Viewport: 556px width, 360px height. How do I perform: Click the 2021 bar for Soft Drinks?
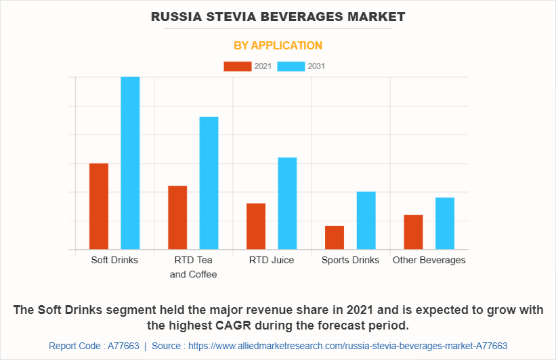pos(99,206)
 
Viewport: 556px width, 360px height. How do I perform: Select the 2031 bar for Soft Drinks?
pos(130,163)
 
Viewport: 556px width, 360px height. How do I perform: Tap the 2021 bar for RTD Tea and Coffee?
pos(177,217)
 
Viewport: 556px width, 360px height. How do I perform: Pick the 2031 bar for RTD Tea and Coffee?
pos(209,183)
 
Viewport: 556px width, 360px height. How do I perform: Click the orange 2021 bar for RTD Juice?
pos(256,226)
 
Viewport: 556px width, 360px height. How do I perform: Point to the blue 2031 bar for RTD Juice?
pos(287,203)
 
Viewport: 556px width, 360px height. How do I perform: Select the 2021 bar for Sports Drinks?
pos(335,238)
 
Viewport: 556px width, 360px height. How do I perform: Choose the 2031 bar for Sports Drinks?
pos(366,221)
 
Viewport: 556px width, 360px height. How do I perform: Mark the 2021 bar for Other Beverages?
pos(413,232)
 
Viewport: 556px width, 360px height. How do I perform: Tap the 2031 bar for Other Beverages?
pos(445,223)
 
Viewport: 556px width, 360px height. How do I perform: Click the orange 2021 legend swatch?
pos(237,66)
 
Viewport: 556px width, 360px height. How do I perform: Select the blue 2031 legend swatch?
pos(291,66)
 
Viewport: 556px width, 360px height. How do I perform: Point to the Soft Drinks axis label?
pos(114,260)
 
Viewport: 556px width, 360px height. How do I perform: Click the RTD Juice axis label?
pos(272,260)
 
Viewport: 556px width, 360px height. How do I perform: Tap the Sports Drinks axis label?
pos(350,260)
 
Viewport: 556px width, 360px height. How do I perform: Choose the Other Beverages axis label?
pos(429,260)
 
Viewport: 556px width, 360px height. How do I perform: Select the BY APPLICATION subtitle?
pos(278,45)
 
